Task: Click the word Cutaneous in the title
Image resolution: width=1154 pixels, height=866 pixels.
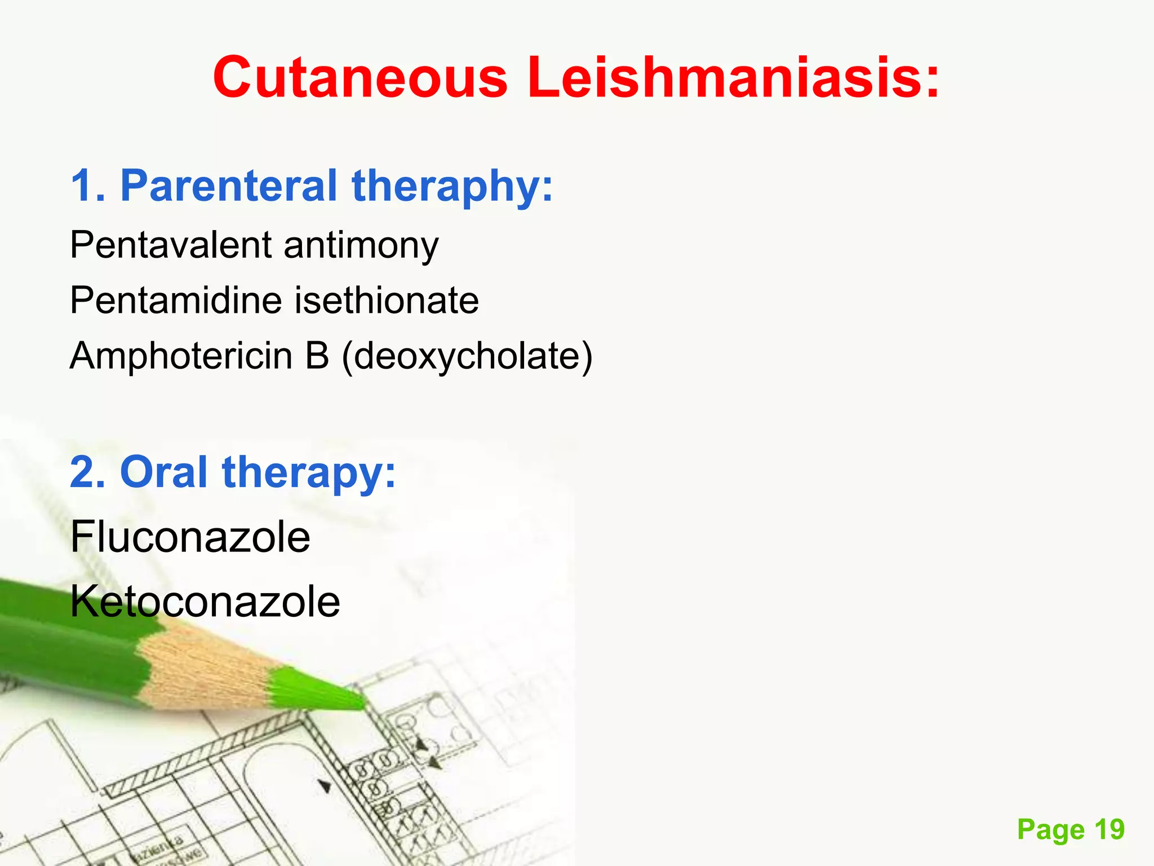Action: [360, 77]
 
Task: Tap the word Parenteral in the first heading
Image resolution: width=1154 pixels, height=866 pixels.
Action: [228, 185]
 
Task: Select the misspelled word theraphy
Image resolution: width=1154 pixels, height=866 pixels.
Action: [452, 187]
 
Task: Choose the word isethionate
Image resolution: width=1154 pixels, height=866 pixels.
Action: [387, 300]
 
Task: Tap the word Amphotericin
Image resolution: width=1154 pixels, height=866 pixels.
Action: [181, 356]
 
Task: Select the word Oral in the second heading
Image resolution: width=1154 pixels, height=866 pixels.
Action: [163, 472]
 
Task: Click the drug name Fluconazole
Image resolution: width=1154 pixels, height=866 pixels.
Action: [190, 537]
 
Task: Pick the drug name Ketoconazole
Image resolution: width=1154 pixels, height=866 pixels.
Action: [205, 602]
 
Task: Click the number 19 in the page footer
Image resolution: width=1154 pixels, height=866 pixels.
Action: [1109, 829]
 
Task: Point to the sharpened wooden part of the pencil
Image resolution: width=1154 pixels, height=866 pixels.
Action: [203, 665]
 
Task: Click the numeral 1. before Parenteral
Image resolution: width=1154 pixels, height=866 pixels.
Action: [87, 185]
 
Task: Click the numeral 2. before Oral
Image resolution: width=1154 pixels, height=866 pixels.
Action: [87, 472]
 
